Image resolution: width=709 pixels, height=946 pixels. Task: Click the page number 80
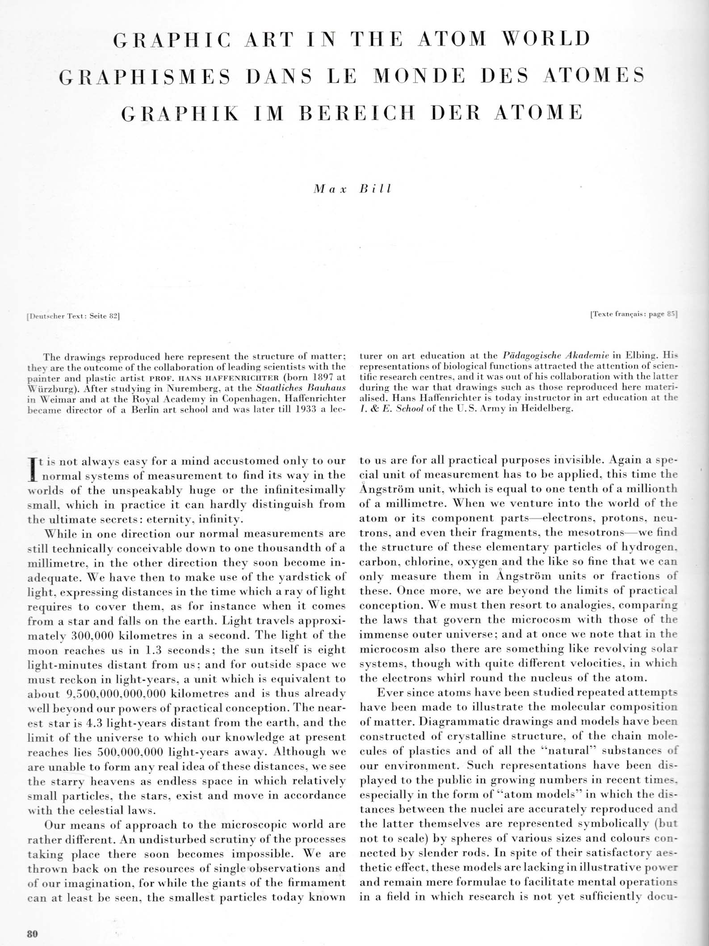[32, 933]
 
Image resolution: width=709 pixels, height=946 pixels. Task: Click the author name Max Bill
[353, 189]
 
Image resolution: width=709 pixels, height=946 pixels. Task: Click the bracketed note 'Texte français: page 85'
[633, 314]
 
